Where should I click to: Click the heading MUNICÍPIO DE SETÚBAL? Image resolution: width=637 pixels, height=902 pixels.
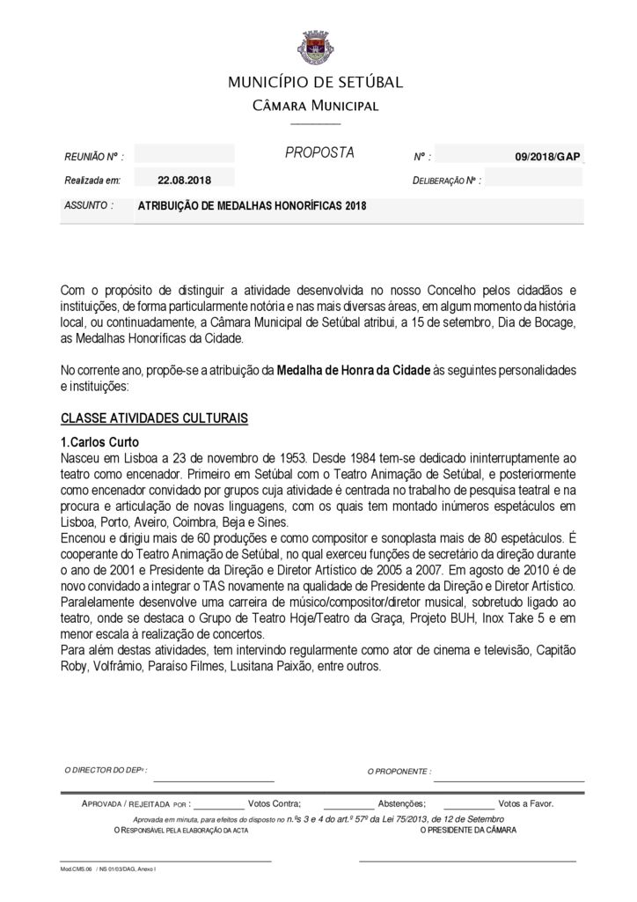[x=316, y=83]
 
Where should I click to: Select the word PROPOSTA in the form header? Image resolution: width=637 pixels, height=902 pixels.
[x=319, y=153]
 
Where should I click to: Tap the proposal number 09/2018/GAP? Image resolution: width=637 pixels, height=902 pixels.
[x=547, y=156]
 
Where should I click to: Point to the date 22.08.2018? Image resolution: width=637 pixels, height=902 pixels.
[x=185, y=181]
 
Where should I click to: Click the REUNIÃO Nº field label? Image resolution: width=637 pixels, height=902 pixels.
[x=93, y=156]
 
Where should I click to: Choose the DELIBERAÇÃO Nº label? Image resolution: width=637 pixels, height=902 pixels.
[x=446, y=181]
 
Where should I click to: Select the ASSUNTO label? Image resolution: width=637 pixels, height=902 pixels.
[x=88, y=205]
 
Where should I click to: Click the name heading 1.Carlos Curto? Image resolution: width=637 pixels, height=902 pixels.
[x=99, y=441]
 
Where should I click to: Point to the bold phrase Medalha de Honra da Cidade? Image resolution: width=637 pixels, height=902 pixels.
[x=353, y=370]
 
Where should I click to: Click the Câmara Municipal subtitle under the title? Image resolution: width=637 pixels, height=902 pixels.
[x=315, y=107]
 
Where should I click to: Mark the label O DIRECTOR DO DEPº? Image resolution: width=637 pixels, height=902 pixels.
[x=106, y=770]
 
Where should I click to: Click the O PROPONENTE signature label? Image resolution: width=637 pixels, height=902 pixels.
[x=399, y=771]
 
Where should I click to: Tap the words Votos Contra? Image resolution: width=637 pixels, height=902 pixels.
[x=275, y=803]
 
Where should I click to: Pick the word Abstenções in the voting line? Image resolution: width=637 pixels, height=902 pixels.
[x=402, y=803]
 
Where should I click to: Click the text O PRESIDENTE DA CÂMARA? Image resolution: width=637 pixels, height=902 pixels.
[x=468, y=831]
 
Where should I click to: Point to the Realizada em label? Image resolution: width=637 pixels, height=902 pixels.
[x=92, y=181]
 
